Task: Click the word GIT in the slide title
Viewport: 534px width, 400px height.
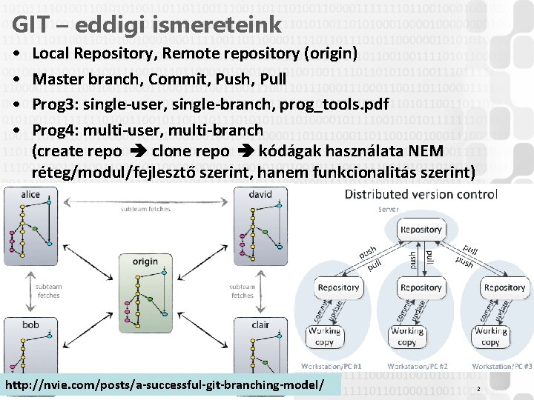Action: click(30, 24)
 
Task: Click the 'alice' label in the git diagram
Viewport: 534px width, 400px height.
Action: click(30, 195)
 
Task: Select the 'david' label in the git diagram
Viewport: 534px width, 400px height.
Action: click(260, 195)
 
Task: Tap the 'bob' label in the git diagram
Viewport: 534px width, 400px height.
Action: click(30, 324)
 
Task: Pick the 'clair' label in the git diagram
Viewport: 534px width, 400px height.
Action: click(260, 324)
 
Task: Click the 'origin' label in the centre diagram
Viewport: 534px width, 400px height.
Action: click(145, 261)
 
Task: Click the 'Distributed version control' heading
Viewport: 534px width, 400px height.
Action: click(421, 194)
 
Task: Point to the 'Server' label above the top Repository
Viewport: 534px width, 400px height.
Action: click(388, 210)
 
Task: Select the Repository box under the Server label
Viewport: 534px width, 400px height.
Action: click(421, 230)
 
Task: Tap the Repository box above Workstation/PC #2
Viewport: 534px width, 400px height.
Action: click(421, 287)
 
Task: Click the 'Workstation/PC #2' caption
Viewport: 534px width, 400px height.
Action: click(417, 366)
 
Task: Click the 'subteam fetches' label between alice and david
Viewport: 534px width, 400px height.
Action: click(145, 210)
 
